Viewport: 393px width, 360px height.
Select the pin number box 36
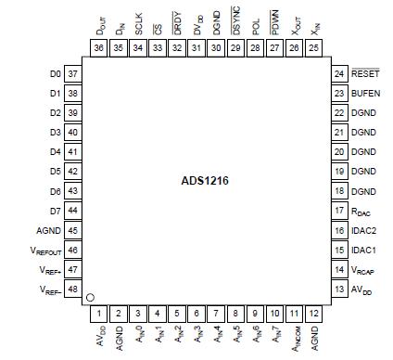point(99,47)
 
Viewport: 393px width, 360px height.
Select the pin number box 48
point(72,290)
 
